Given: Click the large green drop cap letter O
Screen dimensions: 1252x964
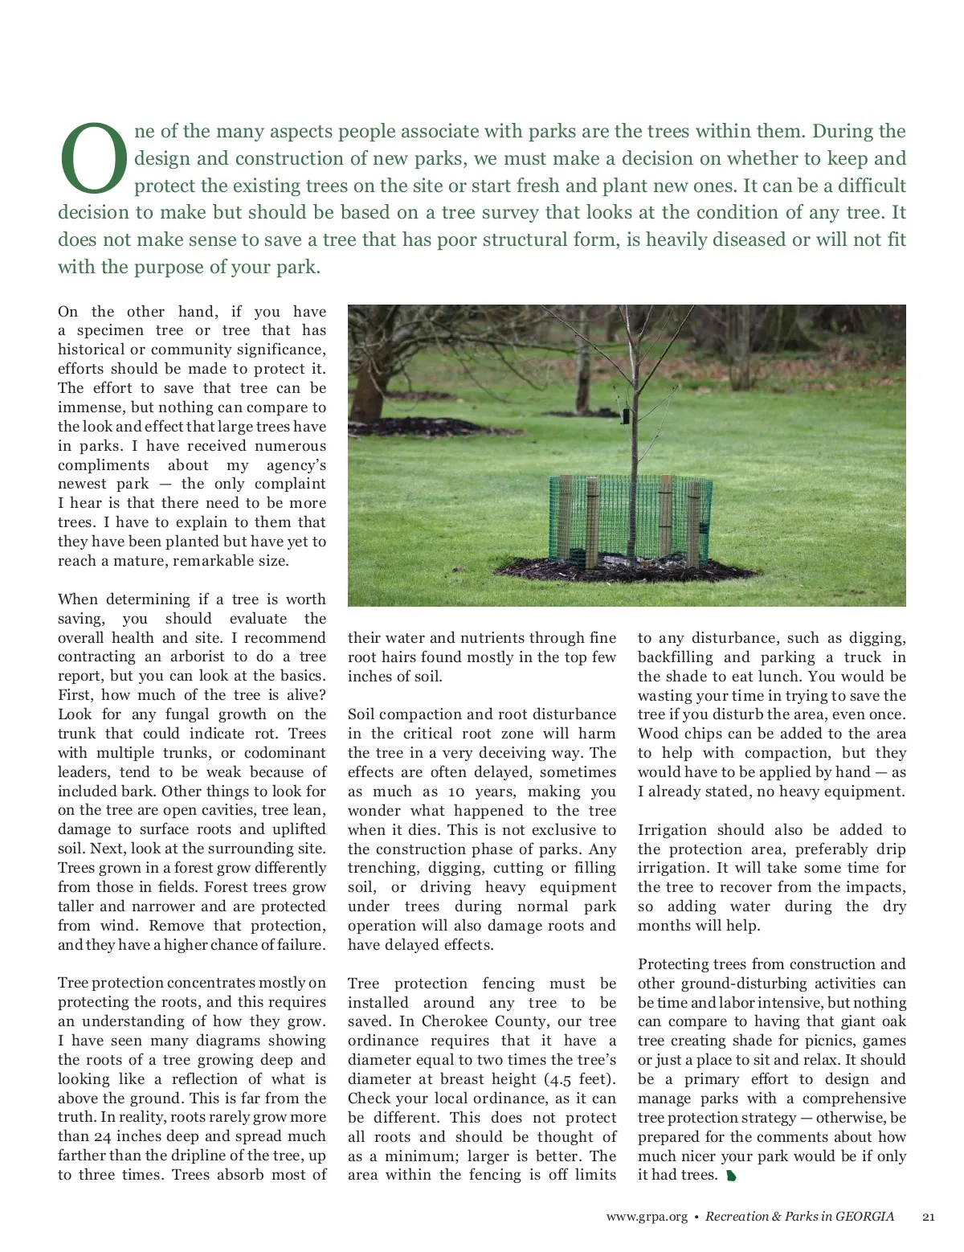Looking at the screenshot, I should coord(94,159).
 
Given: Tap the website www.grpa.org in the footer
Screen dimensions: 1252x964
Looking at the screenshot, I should coord(647,1217).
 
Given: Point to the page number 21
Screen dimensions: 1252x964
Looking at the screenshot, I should coord(929,1217).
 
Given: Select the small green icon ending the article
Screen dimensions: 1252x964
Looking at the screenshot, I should coord(730,1176).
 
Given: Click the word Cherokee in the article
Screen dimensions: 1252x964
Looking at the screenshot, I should coord(454,1021).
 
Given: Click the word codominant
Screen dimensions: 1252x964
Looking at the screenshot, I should coord(285,753).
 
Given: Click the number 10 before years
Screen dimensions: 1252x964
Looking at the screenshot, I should coord(456,792).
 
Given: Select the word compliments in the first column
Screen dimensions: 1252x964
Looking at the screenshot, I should coord(104,465).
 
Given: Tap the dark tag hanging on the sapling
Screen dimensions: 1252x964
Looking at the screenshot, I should coord(625,415).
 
